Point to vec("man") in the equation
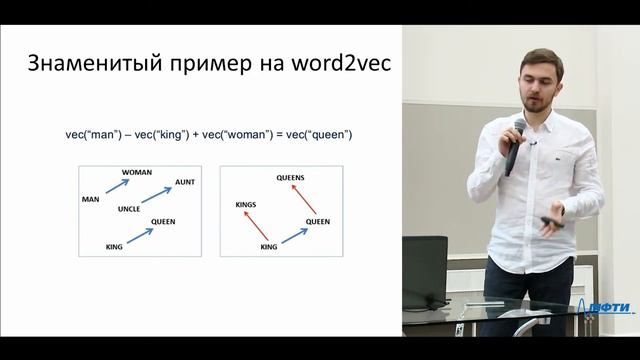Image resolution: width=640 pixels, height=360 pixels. (89, 134)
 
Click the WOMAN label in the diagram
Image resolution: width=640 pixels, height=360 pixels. (137, 172)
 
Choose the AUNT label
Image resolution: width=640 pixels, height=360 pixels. (185, 182)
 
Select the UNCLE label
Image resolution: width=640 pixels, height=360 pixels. (129, 209)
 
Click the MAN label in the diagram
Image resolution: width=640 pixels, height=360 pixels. (90, 199)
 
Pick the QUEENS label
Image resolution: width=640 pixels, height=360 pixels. (291, 177)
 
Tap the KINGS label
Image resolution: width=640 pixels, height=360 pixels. (246, 204)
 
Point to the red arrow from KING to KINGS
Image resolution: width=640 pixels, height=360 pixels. (257, 225)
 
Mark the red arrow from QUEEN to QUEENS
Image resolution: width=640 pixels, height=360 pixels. (304, 198)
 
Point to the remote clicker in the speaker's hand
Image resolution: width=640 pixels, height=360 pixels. (551, 220)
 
